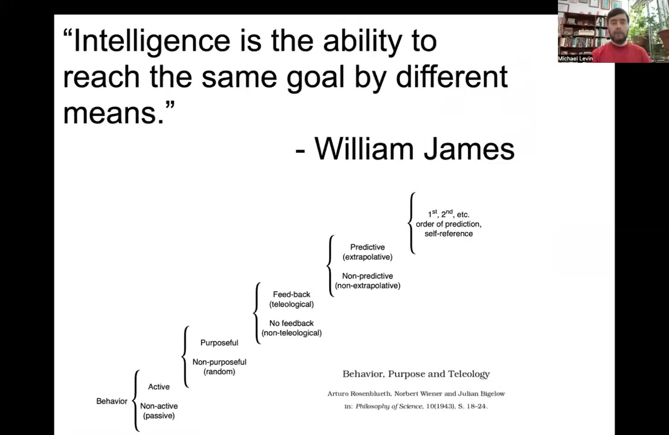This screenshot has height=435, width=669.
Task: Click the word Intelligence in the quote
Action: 152,42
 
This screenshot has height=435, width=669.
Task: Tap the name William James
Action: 414,149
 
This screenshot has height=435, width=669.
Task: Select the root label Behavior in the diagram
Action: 112,401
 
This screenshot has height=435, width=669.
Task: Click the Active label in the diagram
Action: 159,387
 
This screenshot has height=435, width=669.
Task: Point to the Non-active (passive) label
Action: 159,411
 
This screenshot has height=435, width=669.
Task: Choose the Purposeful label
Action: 219,343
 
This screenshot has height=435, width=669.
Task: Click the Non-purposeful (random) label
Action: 219,367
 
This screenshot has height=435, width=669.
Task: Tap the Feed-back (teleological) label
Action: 292,299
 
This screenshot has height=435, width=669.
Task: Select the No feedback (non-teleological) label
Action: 292,328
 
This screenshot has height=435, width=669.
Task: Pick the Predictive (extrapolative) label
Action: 367,252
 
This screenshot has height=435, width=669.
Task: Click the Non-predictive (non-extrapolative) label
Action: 367,280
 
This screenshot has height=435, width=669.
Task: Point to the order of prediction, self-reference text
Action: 449,229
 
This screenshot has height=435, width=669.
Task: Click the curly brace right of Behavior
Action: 136,401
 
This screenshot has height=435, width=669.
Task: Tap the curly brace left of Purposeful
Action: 185,356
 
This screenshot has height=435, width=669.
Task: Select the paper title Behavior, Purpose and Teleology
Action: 416,374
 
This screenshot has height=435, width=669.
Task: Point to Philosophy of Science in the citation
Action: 389,407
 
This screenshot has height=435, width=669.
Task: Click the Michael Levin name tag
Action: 575,59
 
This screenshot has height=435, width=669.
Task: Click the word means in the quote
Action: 114,114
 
